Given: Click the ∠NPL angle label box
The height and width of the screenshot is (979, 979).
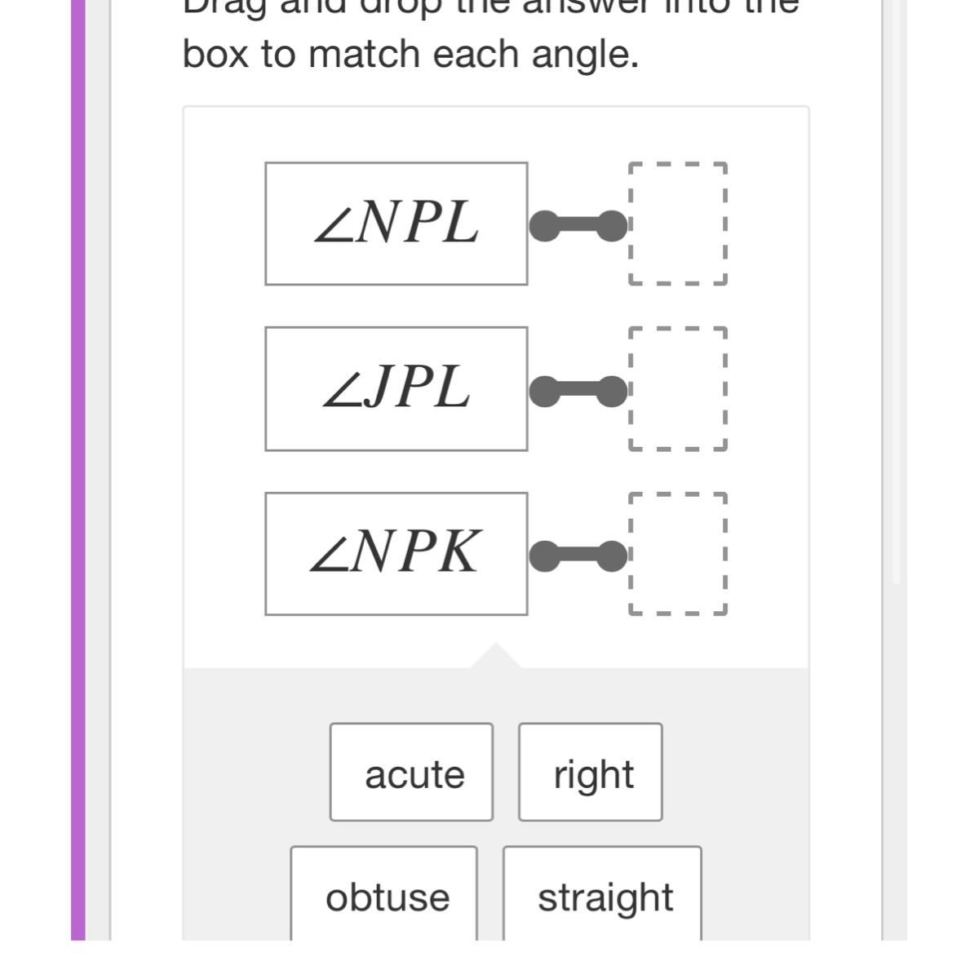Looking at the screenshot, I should coord(396,224).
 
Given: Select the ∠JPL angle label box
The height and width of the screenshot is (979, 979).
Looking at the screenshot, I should coord(396,388).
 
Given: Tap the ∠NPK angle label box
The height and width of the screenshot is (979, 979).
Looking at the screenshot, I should coord(396,553).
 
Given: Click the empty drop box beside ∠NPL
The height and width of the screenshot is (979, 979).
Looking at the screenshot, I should coord(677,224).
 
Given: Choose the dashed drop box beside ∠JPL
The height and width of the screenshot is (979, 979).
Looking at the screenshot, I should coord(677,388).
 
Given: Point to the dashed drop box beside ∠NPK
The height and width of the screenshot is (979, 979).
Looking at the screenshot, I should coord(677,553).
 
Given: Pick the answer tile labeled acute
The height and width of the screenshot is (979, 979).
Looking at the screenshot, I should coord(411,772).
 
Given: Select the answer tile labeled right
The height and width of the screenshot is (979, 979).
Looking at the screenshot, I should coord(591,772).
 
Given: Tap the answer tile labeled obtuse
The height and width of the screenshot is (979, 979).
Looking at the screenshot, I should coord(384,896).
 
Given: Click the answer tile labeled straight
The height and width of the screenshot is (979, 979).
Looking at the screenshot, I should coord(602,896).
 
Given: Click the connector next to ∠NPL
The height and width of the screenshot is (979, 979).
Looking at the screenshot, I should coord(578,226).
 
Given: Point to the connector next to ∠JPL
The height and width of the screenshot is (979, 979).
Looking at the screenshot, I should coord(578,392).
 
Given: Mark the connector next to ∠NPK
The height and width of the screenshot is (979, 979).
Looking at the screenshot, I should coord(578,556).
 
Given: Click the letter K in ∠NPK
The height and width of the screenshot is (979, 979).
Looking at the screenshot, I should coord(458,552).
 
